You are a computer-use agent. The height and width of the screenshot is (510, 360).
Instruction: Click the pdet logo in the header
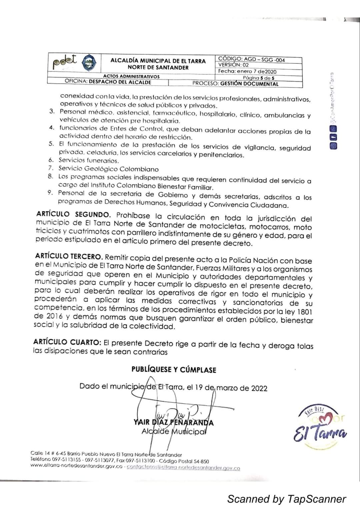[x=65, y=62]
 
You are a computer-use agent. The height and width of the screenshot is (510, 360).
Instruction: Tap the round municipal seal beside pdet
[x=89, y=62]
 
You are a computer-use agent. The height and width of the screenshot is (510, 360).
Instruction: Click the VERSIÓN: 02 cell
[x=234, y=65]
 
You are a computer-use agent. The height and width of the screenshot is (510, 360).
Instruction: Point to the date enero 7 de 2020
[x=257, y=71]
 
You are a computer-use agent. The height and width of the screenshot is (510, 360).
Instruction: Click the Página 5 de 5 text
[x=259, y=78]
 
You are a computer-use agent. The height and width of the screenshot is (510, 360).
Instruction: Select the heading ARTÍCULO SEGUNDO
[x=73, y=214]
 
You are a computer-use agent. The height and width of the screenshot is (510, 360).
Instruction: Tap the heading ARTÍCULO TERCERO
[x=69, y=257]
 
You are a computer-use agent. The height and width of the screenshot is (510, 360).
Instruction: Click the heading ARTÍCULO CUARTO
[x=67, y=342]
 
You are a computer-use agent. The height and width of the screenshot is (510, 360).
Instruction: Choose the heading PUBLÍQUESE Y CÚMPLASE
[x=174, y=370]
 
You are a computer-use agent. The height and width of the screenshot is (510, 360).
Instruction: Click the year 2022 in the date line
[x=259, y=388]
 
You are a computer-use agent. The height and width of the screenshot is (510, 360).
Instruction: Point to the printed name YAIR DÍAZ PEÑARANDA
[x=174, y=423]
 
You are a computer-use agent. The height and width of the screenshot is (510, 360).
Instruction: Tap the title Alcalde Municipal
[x=174, y=431]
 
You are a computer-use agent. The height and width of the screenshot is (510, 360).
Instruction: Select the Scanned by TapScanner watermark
[x=286, y=499]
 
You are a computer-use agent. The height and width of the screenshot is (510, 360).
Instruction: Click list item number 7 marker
[x=51, y=168]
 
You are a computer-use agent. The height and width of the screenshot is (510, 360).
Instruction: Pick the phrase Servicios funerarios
[x=89, y=160]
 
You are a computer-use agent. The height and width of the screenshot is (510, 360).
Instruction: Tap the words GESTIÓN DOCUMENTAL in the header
[x=249, y=84]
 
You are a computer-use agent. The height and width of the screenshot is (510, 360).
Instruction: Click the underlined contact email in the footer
[x=183, y=468]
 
